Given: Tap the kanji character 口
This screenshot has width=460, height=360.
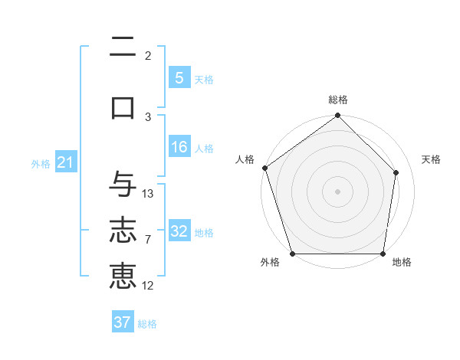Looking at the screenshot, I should tap(123, 107).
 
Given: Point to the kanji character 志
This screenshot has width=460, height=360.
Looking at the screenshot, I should tap(123, 231).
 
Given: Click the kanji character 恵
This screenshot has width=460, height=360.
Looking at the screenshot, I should tap(123, 277).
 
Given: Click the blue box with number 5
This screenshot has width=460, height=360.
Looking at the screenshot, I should tap(179, 78).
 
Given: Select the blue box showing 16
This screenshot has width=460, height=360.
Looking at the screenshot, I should tap(179, 147).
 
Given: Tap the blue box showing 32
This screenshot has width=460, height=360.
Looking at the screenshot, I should tap(179, 231).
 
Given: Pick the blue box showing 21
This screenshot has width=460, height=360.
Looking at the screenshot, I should tap(65, 162).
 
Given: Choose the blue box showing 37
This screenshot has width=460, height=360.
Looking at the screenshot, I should tap(123, 322).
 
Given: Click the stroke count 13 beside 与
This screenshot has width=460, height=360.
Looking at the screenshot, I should tap(148, 194).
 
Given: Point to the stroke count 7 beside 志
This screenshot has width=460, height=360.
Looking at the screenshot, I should tap(148, 240).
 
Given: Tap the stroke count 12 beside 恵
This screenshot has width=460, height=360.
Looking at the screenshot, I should tap(148, 286).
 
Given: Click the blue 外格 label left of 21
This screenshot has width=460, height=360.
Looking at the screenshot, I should tap(41, 163).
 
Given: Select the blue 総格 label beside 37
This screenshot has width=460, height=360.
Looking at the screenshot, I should tap(147, 323).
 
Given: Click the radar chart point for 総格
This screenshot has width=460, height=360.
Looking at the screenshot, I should tap(337, 116).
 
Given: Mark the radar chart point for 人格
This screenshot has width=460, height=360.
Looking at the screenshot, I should tap(265, 168).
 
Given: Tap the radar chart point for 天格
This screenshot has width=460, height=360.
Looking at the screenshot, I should tap(396, 172).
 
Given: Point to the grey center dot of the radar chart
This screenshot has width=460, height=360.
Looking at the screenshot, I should tap(337, 191).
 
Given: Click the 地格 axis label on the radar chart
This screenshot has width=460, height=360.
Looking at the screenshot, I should tap(402, 262).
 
